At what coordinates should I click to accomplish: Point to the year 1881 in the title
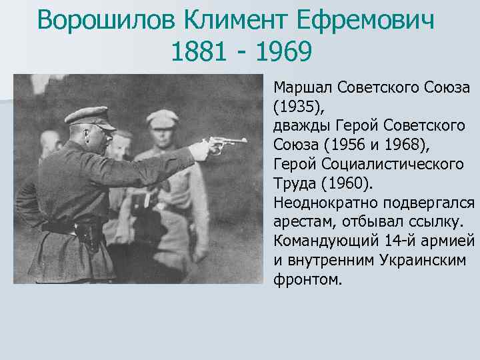(197, 52)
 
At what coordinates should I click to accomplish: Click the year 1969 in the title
(283, 52)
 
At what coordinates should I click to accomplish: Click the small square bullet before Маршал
(267, 87)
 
